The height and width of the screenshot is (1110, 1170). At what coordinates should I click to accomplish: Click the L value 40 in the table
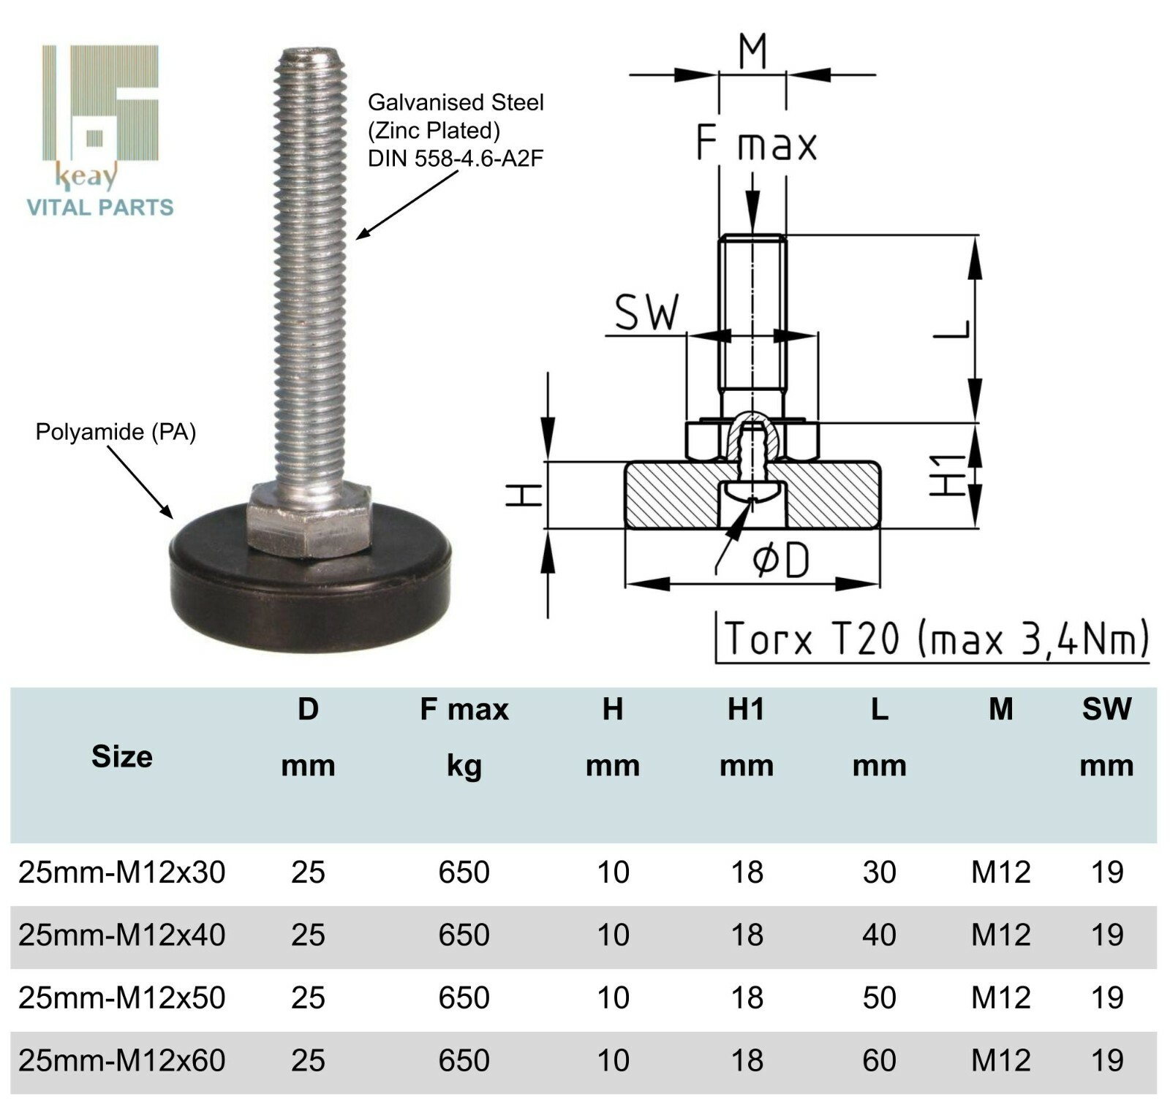[x=878, y=935]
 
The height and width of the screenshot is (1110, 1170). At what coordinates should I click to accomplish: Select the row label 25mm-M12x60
[x=121, y=1060]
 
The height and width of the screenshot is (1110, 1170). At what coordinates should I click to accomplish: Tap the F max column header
[x=464, y=710]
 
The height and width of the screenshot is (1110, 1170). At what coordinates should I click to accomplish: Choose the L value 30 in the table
[x=878, y=872]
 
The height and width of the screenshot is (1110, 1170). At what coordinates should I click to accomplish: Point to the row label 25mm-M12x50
[x=121, y=997]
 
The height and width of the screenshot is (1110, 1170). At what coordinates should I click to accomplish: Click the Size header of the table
[x=122, y=757]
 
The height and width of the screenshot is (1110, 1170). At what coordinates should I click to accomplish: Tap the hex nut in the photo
[x=308, y=520]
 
